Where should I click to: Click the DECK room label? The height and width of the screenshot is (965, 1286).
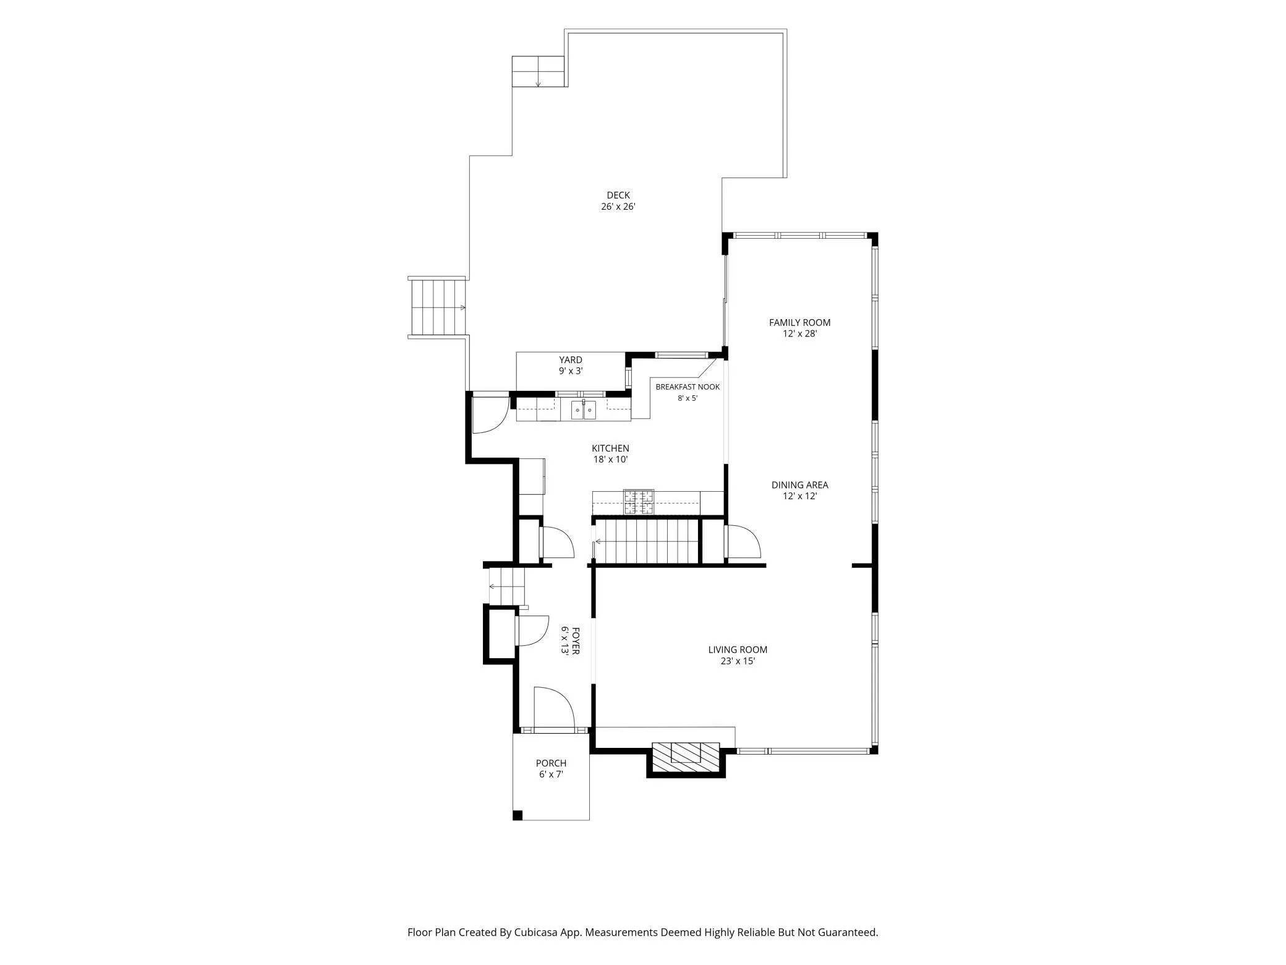tap(618, 195)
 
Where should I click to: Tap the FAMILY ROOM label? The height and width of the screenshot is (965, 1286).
tap(799, 322)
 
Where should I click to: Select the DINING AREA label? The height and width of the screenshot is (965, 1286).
tap(799, 485)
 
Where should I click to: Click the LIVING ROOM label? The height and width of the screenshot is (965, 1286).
tap(738, 650)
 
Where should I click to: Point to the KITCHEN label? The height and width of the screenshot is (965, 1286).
tap(610, 448)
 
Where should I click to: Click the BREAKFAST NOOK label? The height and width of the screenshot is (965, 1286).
tap(688, 387)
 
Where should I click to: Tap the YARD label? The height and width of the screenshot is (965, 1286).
tap(571, 360)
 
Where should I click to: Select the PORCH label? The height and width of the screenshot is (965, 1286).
tap(551, 763)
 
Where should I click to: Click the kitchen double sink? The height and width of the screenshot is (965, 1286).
tap(583, 410)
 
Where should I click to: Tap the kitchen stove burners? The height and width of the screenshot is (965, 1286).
tap(639, 502)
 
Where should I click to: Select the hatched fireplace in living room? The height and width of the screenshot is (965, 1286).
tap(686, 757)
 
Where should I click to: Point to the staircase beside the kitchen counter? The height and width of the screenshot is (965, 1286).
tap(646, 541)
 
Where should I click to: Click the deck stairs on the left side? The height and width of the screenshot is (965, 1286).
tap(436, 307)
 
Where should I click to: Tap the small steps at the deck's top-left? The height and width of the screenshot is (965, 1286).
tap(538, 72)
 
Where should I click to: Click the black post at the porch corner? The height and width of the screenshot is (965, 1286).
tap(518, 815)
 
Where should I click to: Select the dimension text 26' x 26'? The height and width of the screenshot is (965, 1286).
tap(618, 207)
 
